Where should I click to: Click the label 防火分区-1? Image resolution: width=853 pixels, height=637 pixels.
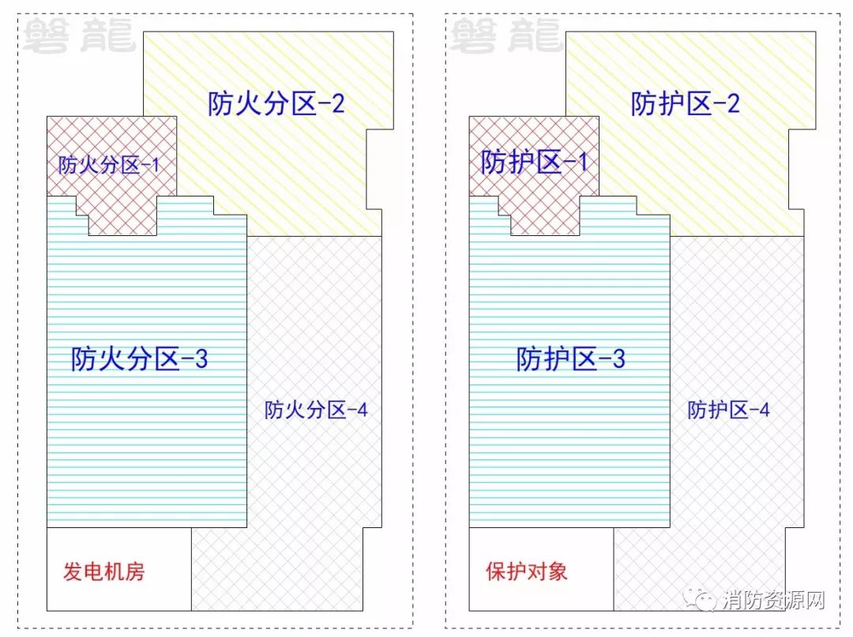pos(109,164)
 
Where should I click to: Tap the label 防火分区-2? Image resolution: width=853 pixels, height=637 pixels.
pos(276,103)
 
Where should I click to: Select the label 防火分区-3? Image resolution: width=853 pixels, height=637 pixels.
pos(139,358)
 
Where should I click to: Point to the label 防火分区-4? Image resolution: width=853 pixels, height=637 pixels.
pos(316,410)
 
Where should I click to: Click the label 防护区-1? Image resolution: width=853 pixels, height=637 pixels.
pos(534,162)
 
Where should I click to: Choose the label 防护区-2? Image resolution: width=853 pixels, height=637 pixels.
pos(685,103)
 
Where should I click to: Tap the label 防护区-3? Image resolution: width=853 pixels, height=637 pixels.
pos(571,358)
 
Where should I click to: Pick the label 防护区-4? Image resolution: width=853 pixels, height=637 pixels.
pos(728,410)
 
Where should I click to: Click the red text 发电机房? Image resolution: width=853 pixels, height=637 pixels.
pos(104,571)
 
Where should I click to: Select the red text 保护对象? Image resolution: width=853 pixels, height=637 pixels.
pos(527,571)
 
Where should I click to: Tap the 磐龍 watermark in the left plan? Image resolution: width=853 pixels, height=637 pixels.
pos(79,36)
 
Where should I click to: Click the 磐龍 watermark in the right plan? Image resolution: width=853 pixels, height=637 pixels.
pos(506,36)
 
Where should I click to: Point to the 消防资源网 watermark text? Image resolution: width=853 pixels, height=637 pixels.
pos(774,600)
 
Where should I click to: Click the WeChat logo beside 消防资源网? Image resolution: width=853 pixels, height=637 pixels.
pos(700,599)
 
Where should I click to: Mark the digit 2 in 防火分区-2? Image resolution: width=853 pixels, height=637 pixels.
pos(338,103)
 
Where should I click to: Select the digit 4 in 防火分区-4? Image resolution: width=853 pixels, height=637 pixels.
pos(363,410)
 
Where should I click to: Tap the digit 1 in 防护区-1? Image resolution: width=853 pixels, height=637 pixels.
pos(583,163)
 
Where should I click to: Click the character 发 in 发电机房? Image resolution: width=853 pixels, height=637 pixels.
pos(73,571)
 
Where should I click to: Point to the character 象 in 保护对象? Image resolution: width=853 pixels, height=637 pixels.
pos(558,571)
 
